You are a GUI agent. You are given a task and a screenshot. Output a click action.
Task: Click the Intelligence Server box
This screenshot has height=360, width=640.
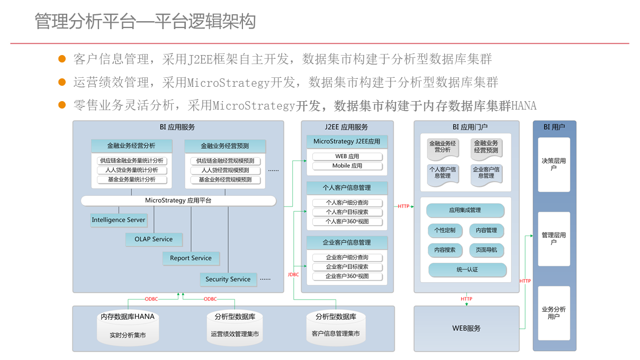point(118,220)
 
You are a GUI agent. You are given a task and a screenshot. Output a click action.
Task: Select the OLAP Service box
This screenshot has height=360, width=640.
point(154,239)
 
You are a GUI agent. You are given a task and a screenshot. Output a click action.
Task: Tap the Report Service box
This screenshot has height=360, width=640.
point(191,258)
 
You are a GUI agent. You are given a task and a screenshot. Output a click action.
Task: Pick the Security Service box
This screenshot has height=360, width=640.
point(228,279)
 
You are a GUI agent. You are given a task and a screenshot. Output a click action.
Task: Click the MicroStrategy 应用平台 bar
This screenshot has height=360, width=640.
point(178,201)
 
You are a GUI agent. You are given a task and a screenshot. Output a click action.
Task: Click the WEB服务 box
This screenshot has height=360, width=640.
point(466,328)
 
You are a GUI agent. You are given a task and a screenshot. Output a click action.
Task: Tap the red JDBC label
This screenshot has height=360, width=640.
point(293,274)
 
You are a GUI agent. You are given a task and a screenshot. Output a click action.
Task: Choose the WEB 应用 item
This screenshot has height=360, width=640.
point(347,157)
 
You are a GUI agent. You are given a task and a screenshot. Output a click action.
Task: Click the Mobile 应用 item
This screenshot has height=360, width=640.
point(347,166)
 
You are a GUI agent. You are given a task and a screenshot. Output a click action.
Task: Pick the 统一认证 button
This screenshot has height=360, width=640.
point(467,269)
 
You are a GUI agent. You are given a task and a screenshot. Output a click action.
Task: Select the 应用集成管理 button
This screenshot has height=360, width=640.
point(465,210)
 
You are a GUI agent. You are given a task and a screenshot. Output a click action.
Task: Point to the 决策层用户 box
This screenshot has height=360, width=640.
point(554,165)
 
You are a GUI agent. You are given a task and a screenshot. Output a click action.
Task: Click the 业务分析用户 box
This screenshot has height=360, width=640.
point(554,313)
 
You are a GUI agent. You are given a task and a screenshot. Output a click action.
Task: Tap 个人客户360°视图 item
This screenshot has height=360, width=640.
point(347,221)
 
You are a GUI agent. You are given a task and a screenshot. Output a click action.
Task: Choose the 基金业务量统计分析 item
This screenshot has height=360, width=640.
point(132,179)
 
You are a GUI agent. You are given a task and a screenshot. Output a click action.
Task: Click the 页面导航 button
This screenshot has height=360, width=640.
point(486,250)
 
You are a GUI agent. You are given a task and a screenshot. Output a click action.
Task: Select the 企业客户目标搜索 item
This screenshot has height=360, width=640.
point(347,267)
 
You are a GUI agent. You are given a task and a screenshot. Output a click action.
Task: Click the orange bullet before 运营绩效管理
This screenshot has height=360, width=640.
point(62,82)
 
